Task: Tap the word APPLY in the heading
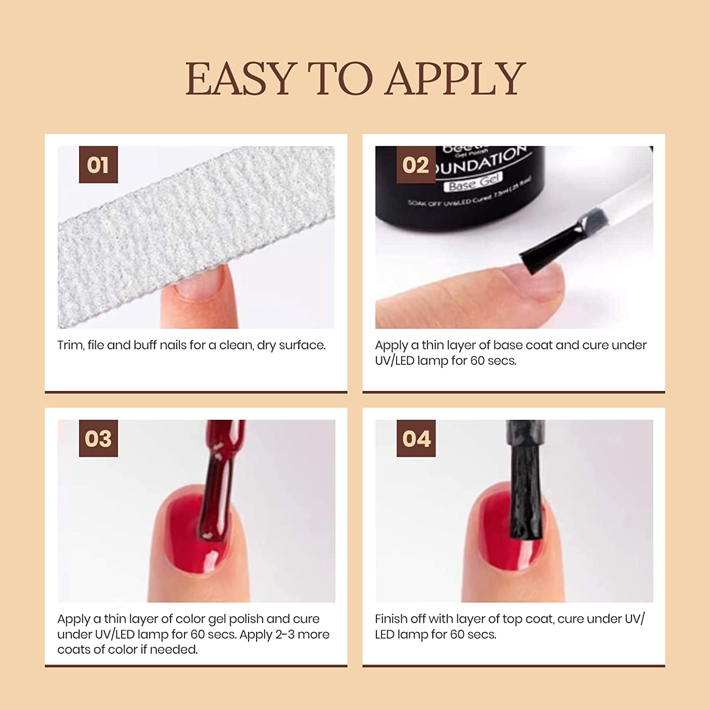coord(455,79)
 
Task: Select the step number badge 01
coord(98,165)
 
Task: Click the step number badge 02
coord(416,165)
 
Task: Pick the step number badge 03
coord(98,438)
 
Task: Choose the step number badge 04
coord(416,438)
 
